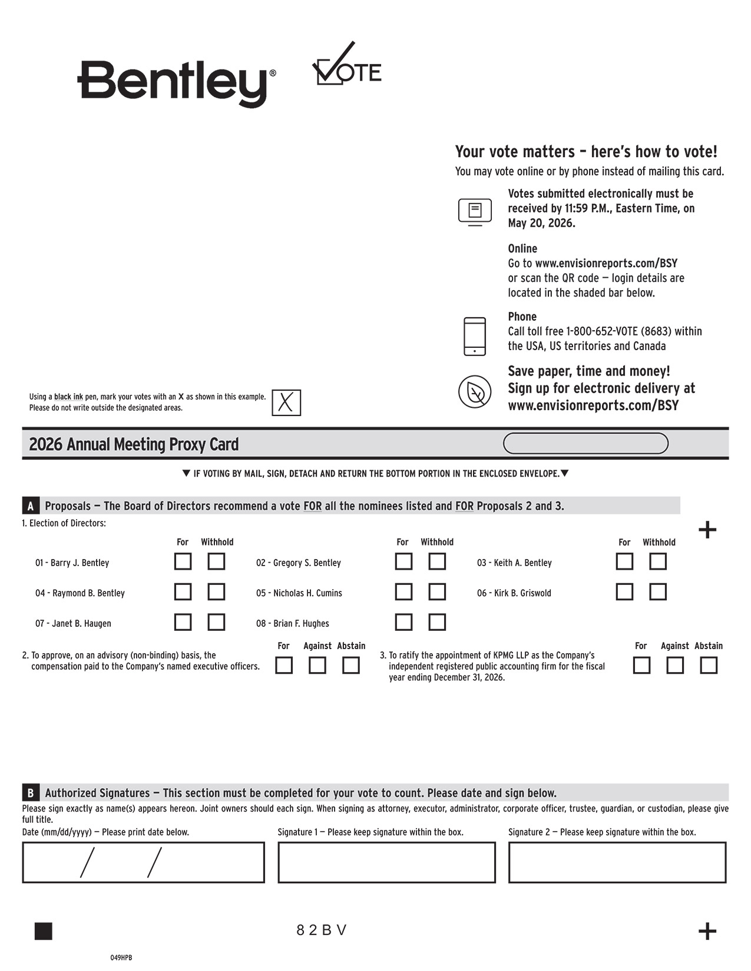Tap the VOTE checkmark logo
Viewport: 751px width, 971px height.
click(346, 66)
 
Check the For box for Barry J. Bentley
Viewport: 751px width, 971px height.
click(183, 561)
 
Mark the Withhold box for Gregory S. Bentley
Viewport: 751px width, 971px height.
click(437, 561)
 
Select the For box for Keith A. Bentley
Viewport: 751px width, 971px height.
click(624, 561)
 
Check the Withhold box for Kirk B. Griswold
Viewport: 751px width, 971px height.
click(658, 591)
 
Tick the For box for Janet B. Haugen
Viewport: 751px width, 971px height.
click(183, 622)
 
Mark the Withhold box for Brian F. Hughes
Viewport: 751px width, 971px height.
click(437, 622)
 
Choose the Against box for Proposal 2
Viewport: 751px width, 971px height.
click(317, 666)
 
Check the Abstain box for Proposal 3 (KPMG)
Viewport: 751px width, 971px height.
click(709, 666)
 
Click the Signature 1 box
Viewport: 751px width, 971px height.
click(386, 862)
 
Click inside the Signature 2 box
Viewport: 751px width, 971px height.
click(617, 862)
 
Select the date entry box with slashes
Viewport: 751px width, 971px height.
click(143, 862)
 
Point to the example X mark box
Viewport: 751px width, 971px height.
click(286, 403)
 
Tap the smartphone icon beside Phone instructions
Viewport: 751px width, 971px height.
click(475, 337)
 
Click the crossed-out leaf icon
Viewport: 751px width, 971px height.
click(475, 391)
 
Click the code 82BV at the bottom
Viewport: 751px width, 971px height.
click(322, 930)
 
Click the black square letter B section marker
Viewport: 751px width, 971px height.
click(31, 793)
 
